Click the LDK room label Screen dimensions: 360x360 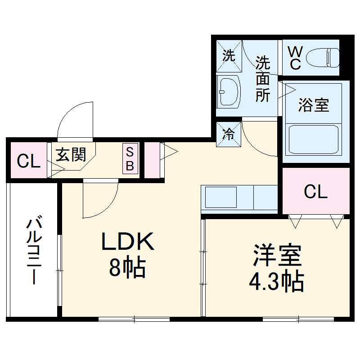tap(128, 243)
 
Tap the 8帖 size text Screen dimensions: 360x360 tap(127, 268)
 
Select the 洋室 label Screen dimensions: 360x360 tap(277, 256)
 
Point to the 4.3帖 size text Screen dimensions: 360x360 tap(276, 282)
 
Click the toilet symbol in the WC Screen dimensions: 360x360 tap(323, 57)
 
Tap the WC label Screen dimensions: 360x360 tap(295, 57)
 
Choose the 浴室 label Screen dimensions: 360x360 tap(314, 105)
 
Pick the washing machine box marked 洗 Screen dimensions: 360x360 tap(229, 56)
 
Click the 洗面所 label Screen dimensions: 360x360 tap(263, 79)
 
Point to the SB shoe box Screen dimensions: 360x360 tap(130, 158)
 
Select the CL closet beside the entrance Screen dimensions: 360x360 tap(28, 161)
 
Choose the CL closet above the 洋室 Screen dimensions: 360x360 tap(315, 192)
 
